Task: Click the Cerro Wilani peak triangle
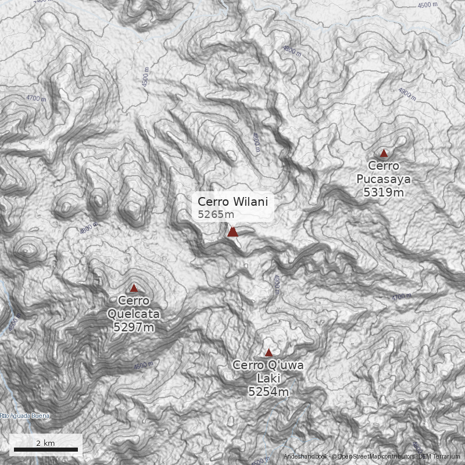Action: (x=233, y=232)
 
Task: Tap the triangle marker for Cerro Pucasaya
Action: (x=384, y=153)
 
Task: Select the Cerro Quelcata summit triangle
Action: (x=134, y=288)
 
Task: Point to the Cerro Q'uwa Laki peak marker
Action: (x=269, y=353)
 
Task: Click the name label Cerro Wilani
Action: (x=233, y=202)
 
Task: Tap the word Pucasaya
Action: (x=384, y=179)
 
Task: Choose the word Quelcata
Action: (x=134, y=314)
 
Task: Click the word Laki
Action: (x=269, y=378)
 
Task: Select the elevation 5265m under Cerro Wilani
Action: (x=216, y=214)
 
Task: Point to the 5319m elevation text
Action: (x=384, y=192)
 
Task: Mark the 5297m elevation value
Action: (x=134, y=327)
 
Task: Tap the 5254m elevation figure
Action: (x=269, y=392)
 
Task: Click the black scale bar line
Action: (x=46, y=450)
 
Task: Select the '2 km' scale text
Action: (x=45, y=443)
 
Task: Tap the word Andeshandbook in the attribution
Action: (x=306, y=457)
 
